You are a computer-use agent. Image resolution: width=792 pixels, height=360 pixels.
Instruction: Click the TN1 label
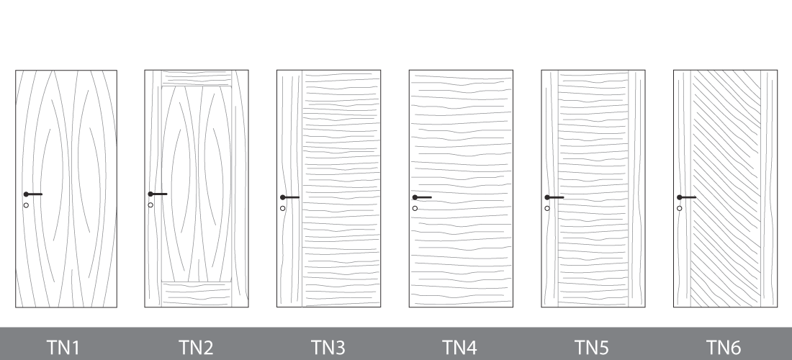[x=63, y=347]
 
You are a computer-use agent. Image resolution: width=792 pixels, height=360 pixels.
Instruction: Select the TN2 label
[x=195, y=347]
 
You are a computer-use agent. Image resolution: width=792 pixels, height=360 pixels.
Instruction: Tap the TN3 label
[x=328, y=347]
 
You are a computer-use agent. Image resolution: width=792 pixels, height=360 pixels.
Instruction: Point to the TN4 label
[x=459, y=347]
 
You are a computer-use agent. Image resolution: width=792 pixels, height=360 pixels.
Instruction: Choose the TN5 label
[x=591, y=347]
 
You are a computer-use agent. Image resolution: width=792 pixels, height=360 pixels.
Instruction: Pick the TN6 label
[x=724, y=347]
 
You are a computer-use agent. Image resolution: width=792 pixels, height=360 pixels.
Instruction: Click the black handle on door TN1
[x=33, y=194]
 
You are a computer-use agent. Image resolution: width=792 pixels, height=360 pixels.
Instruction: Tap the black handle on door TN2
[x=158, y=194]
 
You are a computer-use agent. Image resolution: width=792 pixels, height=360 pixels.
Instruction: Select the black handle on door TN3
[x=290, y=197]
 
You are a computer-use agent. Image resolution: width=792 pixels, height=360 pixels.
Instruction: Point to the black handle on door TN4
[x=422, y=197]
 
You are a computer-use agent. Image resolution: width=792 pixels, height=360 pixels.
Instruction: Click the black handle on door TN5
[x=554, y=197]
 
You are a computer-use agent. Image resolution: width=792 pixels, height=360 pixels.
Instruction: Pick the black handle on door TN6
[x=687, y=197]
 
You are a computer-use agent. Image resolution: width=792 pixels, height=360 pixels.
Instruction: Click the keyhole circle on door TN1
[x=26, y=205]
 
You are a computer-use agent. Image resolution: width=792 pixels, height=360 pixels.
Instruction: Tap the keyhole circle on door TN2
[x=150, y=205]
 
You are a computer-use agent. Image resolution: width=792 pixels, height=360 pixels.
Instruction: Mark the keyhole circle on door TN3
[x=283, y=209]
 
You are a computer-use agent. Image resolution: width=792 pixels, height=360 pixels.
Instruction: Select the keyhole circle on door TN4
[x=415, y=209]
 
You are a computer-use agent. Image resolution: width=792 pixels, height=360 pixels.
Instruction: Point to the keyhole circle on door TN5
[x=547, y=209]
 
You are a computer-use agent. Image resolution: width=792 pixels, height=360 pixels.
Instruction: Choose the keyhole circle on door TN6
[x=680, y=209]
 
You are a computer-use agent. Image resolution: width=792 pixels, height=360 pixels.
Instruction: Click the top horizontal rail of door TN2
[x=197, y=78]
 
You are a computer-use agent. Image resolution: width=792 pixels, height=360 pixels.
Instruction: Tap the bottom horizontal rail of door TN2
[x=197, y=294]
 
